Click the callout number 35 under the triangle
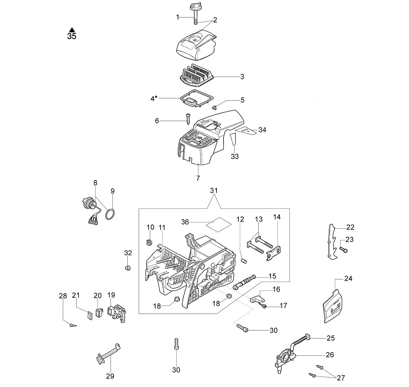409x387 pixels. click(72, 36)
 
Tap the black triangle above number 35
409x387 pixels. click(72, 30)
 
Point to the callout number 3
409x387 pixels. click(242, 77)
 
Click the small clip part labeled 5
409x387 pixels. click(214, 108)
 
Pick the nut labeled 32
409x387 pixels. click(128, 268)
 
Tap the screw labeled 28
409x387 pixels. click(73, 325)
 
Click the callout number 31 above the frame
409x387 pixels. click(213, 191)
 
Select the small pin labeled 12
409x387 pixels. click(243, 261)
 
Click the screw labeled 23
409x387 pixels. click(343, 249)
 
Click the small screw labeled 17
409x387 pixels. click(263, 305)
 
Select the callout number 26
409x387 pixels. click(330, 355)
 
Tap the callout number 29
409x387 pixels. click(110, 376)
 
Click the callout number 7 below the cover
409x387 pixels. click(198, 178)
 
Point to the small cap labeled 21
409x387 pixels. click(90, 315)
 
